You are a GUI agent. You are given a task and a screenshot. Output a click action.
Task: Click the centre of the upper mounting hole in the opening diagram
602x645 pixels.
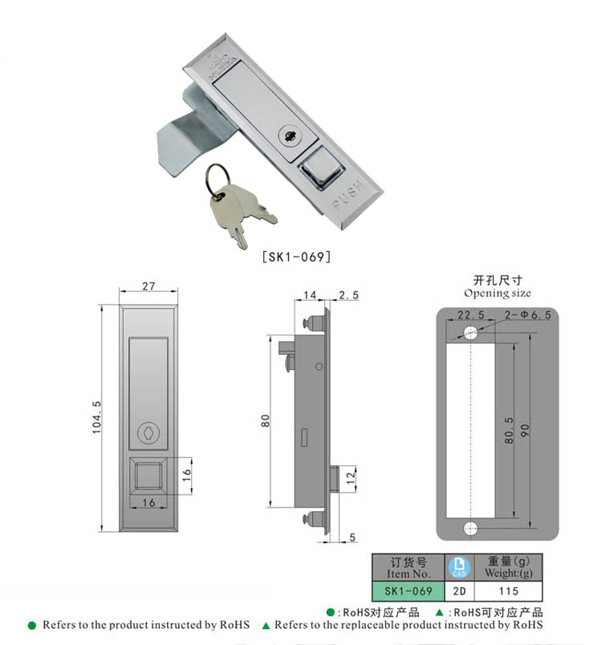coord(470,332)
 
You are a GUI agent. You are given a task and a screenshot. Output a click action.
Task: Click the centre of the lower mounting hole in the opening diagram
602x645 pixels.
coord(470,528)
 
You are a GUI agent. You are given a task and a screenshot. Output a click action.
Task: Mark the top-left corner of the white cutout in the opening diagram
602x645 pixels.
coord(446,343)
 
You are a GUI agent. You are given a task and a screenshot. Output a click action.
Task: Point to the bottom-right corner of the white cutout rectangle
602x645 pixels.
coord(495,518)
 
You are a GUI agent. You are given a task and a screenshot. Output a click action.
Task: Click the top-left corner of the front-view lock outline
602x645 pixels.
coord(120,305)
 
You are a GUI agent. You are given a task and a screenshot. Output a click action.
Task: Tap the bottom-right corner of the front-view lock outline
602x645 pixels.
coord(177,531)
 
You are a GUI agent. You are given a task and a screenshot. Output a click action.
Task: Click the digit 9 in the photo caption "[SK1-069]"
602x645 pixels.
coord(319,257)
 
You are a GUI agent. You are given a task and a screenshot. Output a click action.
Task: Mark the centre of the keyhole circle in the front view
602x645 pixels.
coord(148,433)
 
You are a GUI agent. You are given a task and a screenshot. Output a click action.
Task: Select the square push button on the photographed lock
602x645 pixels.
coord(321,167)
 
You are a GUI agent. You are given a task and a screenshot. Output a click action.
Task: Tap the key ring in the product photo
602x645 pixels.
coord(218,181)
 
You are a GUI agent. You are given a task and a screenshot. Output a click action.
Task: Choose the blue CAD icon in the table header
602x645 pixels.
coord(459,568)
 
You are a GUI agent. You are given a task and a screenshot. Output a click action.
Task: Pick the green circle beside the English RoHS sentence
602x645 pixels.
coord(31,626)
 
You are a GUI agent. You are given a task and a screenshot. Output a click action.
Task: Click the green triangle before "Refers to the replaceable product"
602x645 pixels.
coord(266,626)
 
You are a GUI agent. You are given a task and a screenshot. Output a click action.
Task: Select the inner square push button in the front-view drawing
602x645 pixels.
coord(148,476)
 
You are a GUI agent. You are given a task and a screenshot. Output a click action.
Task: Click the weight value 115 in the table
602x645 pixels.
coord(509,591)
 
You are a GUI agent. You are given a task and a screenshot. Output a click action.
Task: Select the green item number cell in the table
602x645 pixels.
coord(409,591)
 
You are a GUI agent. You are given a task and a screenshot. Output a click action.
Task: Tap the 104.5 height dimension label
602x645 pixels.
coord(96,417)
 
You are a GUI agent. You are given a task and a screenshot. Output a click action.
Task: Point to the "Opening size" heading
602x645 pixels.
coord(497,293)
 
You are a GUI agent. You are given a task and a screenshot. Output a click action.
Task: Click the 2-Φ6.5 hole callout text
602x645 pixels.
coord(527,315)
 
